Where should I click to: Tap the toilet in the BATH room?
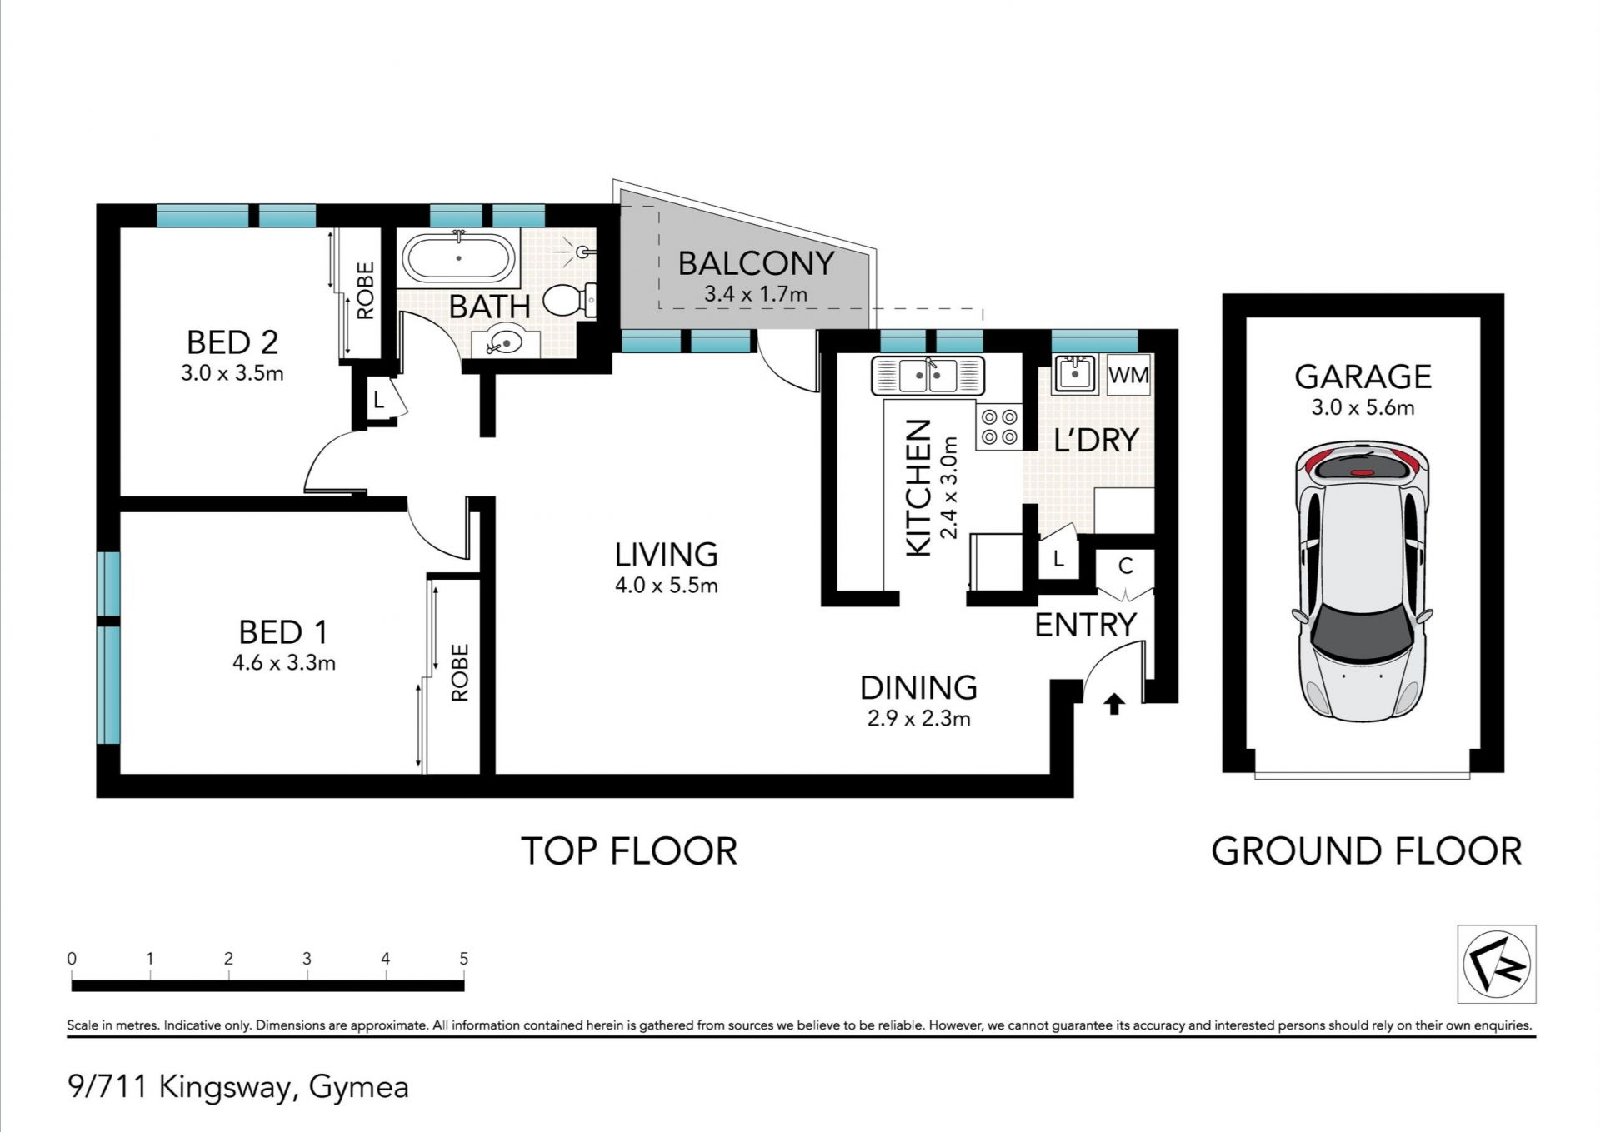(x=570, y=299)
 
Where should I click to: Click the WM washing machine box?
(x=1128, y=375)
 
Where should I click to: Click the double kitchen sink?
(x=928, y=375)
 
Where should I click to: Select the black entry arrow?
(x=1113, y=705)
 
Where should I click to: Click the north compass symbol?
(x=1496, y=963)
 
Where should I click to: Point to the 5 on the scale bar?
(x=464, y=959)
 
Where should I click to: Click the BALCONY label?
(x=756, y=263)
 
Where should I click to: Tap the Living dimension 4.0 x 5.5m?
(x=666, y=586)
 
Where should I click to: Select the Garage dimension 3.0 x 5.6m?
(x=1362, y=407)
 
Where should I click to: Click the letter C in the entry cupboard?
(x=1126, y=566)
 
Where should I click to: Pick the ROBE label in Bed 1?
(x=460, y=672)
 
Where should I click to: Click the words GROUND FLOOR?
(x=1366, y=851)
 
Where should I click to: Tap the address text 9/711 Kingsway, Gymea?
(x=238, y=1087)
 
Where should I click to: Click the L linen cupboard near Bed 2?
(x=378, y=401)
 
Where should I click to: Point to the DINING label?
(x=918, y=687)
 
